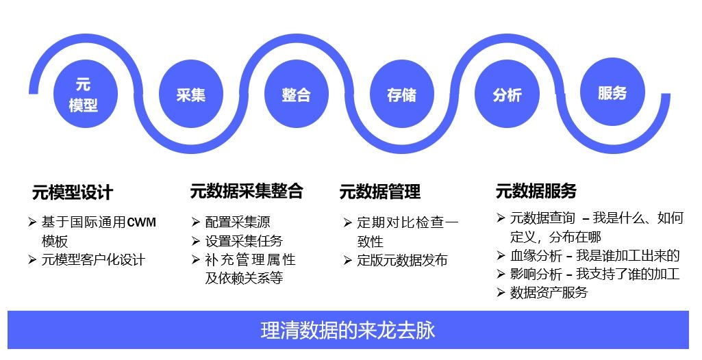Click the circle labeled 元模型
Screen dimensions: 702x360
pos(85,94)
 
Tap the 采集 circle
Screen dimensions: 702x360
pos(190,94)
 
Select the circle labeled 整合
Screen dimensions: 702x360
pos(297,94)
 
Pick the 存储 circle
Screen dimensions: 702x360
pos(402,94)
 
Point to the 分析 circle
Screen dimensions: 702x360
pos(507,94)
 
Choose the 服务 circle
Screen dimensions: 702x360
pos(612,92)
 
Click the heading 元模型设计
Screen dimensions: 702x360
pos(73,193)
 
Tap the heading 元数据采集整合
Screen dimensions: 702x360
pos(247,192)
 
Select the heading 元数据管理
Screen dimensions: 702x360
pos(380,192)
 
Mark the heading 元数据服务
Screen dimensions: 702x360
pos(536,191)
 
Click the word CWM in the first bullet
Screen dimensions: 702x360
pos(142,222)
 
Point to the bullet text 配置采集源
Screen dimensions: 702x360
pos(238,222)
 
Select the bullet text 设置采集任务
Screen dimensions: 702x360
pos(244,241)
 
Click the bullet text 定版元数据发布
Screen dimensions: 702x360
pos(402,260)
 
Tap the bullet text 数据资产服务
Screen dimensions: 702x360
pos(549,292)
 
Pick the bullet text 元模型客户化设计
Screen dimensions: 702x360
pos(93,260)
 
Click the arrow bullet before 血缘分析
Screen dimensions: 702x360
pos(501,256)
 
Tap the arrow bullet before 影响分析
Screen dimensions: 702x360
pos(501,274)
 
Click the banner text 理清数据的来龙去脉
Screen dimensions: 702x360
pos(349,331)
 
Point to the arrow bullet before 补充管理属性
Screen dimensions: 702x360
pos(195,259)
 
